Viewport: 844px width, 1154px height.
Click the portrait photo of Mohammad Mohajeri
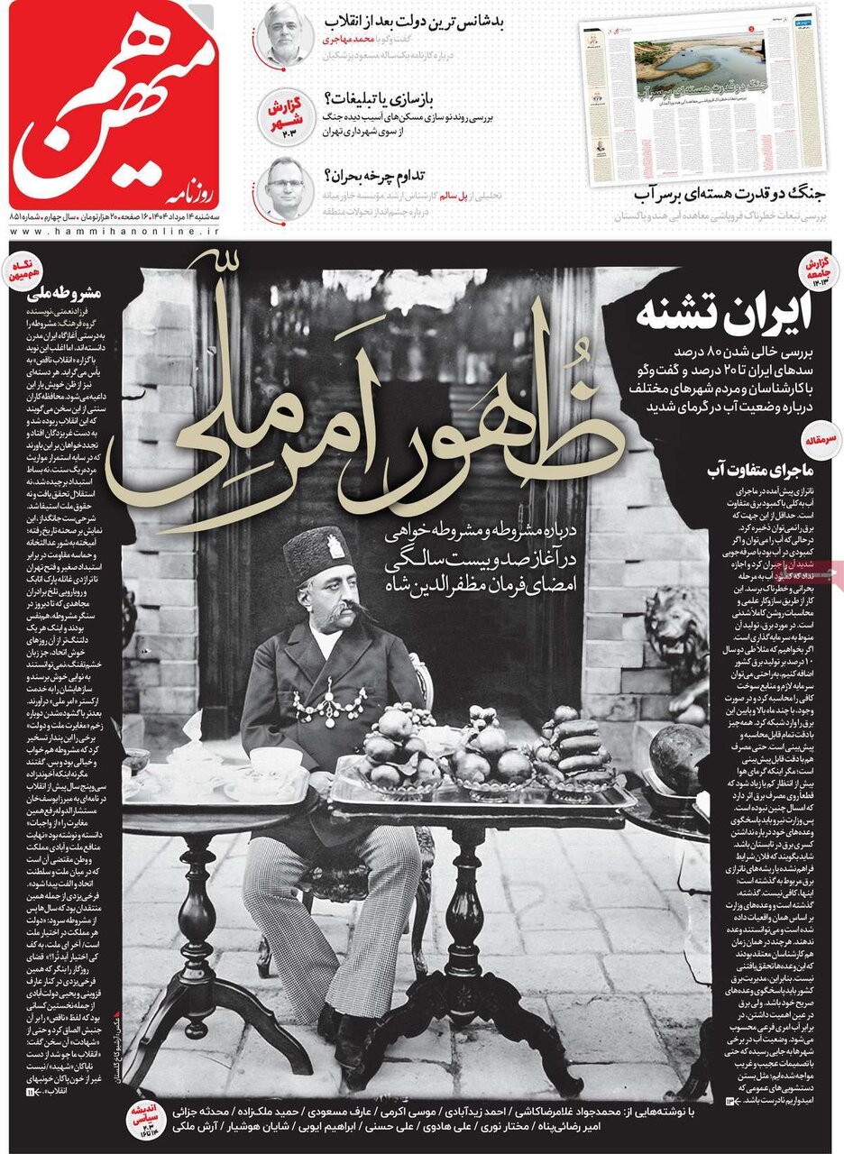pos(284,34)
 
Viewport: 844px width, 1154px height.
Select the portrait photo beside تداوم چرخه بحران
pos(285,188)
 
